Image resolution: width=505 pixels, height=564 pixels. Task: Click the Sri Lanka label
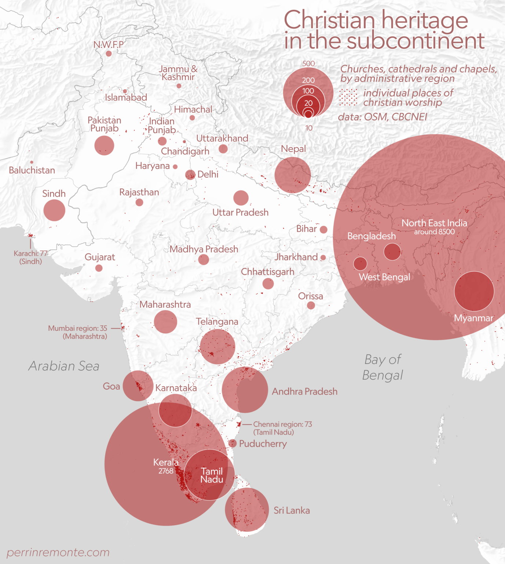tap(292, 510)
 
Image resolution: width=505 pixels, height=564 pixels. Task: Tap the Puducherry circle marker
tap(233, 443)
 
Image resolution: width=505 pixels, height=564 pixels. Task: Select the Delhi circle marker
tap(190, 175)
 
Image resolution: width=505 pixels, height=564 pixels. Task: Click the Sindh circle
tap(54, 210)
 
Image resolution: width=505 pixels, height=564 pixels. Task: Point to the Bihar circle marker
tap(323, 229)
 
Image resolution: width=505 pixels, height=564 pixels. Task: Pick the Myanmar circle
tap(474, 291)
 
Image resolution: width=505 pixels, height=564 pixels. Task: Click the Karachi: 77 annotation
tap(30, 253)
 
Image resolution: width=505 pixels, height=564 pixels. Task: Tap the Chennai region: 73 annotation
tap(282, 424)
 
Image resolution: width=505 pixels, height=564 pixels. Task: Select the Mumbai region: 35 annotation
tap(78, 328)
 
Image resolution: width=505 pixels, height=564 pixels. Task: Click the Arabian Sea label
tap(64, 366)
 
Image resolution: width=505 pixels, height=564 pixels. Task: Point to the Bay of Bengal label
tap(383, 367)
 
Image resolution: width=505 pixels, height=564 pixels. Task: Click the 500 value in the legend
tap(308, 64)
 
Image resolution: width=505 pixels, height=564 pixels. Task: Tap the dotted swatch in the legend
tap(348, 97)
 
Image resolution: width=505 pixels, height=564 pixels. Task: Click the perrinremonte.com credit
tap(58, 552)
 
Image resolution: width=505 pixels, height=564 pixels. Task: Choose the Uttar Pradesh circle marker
tap(241, 198)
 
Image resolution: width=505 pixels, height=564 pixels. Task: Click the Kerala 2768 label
tap(166, 466)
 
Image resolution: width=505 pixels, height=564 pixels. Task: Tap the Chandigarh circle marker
tap(184, 142)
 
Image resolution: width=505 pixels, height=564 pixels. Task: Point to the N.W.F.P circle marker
tap(109, 54)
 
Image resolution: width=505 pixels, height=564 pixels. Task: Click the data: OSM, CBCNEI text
tap(383, 117)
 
